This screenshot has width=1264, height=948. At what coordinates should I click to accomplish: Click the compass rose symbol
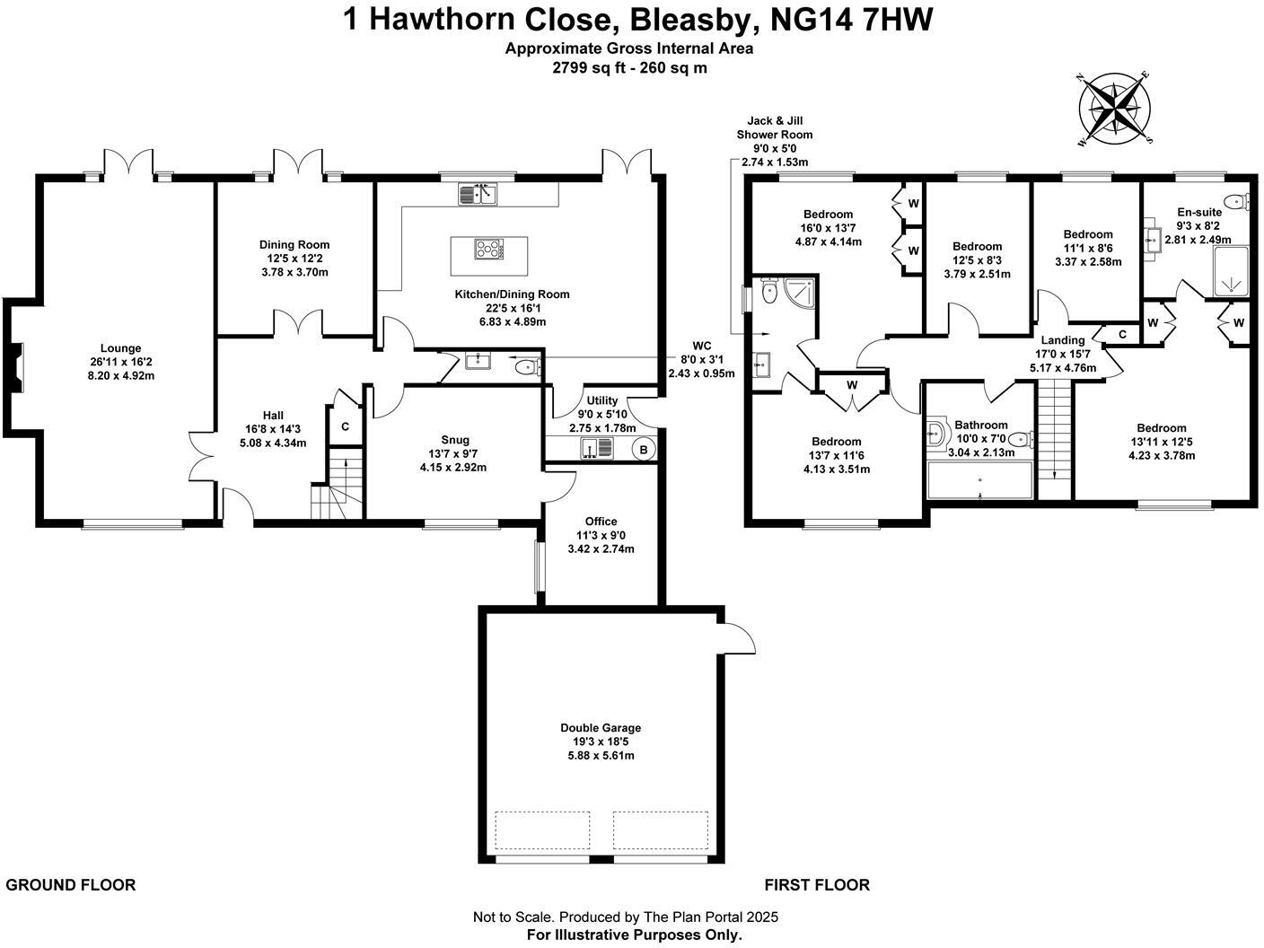[1115, 110]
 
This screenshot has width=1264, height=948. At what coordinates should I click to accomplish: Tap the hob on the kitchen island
[489, 249]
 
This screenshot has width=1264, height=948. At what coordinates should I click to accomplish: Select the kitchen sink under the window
[478, 193]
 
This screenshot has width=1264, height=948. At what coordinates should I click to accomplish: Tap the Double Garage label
[601, 728]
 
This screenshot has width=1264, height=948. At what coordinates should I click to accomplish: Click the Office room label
[601, 522]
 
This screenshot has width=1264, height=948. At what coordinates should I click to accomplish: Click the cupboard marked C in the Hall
[345, 427]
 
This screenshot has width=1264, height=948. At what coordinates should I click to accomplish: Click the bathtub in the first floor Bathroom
[980, 486]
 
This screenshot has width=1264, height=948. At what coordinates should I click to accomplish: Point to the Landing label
[1063, 340]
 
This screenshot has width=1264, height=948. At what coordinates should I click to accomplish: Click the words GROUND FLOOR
[71, 885]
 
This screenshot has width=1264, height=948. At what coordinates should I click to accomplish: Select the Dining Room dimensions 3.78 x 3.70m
[294, 271]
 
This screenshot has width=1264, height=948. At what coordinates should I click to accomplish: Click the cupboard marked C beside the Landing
[1122, 334]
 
